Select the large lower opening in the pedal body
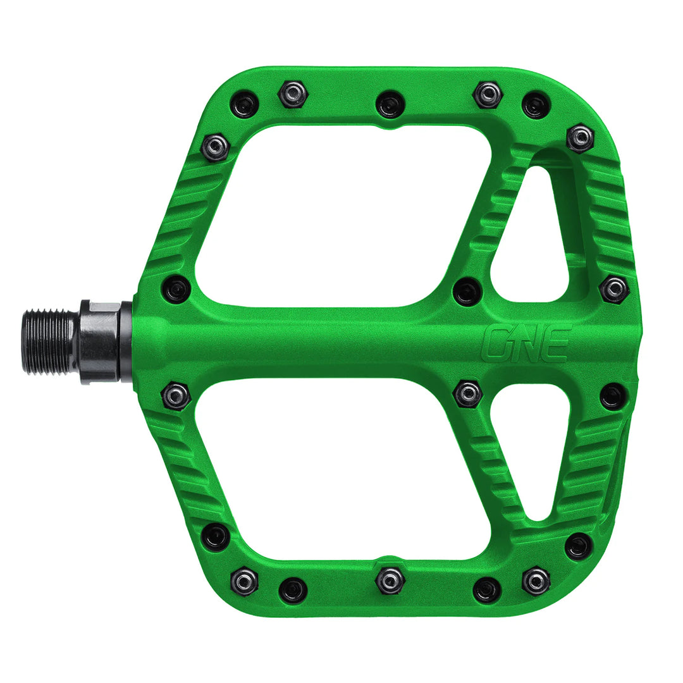click(341, 468)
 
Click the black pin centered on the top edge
click(390, 104)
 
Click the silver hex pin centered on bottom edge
click(390, 580)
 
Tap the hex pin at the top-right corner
click(580, 138)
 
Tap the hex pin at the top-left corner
click(215, 147)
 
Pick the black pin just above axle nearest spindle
click(176, 289)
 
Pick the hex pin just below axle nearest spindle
click(176, 396)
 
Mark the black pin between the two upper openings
click(467, 291)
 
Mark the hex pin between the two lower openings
click(468, 393)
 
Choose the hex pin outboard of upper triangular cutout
click(614, 289)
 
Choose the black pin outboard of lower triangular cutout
click(613, 396)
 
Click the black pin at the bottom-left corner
click(216, 537)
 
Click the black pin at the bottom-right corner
click(579, 546)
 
